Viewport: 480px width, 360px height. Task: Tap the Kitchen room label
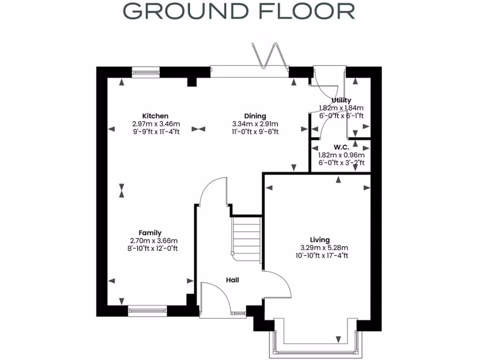(x=155, y=116)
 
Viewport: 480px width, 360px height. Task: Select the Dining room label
(x=255, y=116)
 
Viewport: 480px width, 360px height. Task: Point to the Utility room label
(x=341, y=100)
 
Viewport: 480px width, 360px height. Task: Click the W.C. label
(x=341, y=147)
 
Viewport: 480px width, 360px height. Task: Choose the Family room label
(x=150, y=233)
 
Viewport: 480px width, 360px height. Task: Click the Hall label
(x=232, y=280)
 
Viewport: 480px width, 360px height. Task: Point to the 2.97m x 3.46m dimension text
(x=156, y=124)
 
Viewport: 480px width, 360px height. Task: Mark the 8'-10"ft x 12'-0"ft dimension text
(x=150, y=248)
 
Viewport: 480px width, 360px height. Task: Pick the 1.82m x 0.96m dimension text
(x=341, y=155)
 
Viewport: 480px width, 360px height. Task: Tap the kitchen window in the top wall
(x=146, y=72)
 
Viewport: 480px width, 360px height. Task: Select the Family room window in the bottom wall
(x=147, y=309)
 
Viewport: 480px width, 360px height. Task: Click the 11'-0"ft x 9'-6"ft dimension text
(x=255, y=132)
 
